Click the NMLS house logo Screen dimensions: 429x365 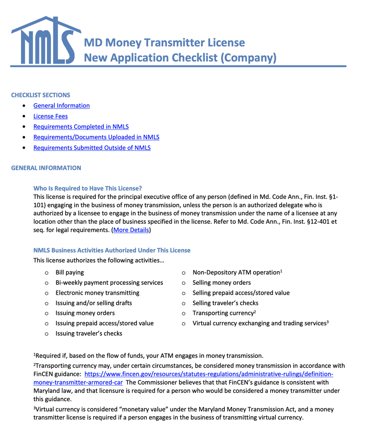click(46, 41)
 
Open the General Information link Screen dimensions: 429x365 click(61, 106)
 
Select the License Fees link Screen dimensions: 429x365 click(51, 116)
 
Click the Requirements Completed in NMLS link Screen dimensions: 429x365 click(81, 127)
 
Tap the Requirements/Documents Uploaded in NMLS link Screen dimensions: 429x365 click(96, 137)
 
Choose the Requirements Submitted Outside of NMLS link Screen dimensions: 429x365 click(92, 148)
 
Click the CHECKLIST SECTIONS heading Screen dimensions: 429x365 click(41, 95)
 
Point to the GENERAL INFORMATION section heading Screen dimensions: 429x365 click(46, 168)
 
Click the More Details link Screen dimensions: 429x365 click(131, 230)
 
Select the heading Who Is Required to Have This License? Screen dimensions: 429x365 click(88, 188)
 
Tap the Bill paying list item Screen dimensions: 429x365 click(70, 272)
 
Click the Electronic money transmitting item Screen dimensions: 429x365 click(97, 293)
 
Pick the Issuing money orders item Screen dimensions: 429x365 click(85, 313)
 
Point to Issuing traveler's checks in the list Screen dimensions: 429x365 click(89, 333)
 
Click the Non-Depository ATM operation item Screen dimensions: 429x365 click(236, 272)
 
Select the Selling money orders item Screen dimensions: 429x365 click(221, 283)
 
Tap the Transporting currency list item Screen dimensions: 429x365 click(223, 313)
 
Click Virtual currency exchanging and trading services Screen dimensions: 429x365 click(259, 323)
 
